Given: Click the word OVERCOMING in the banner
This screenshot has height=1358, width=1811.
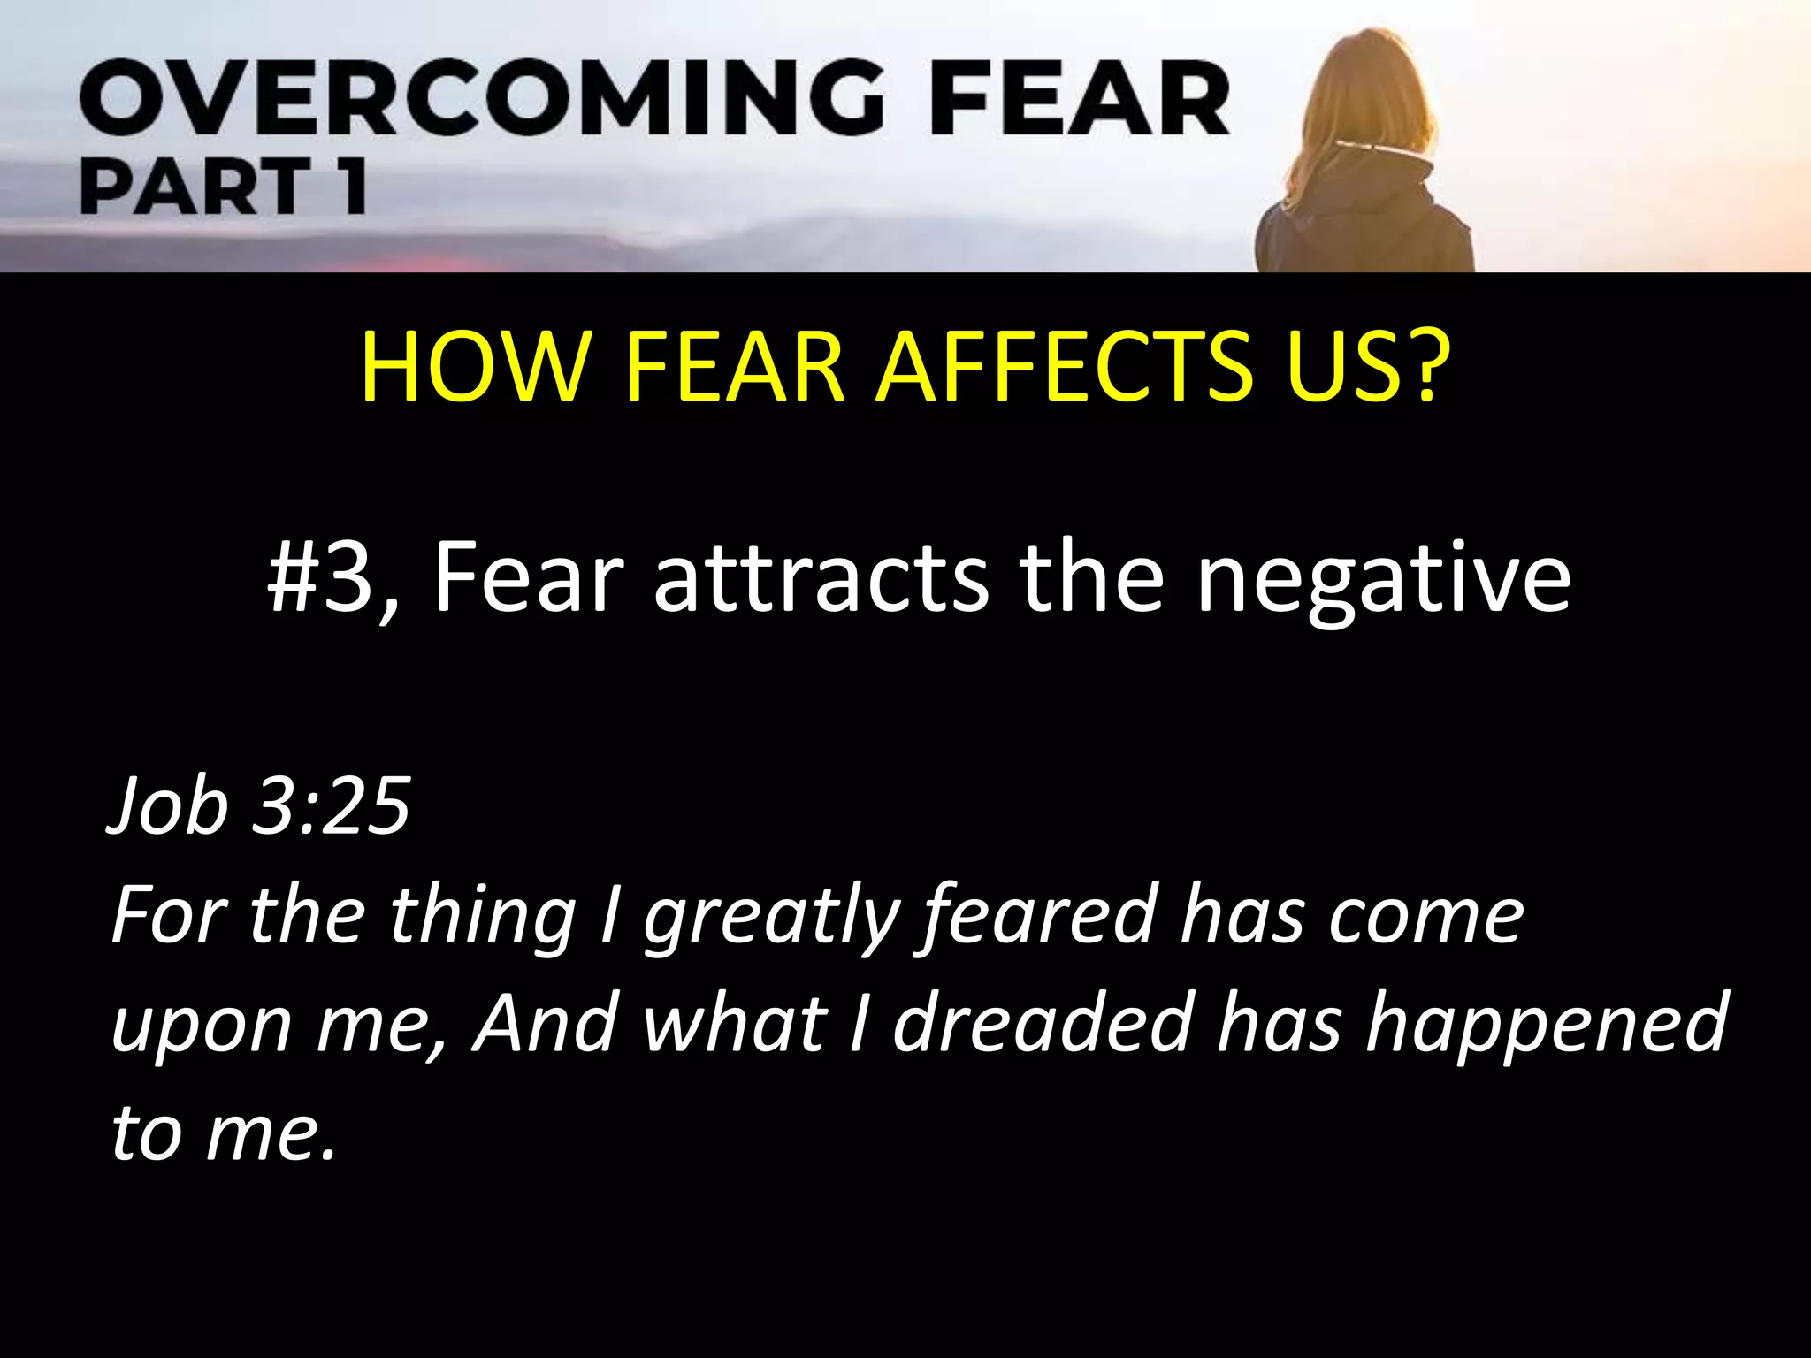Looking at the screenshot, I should point(481,100).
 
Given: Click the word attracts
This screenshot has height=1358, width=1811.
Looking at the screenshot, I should point(821,577).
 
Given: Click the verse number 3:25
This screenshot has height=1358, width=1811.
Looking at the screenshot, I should point(331,805).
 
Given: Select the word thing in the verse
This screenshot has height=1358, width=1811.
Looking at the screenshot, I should point(483,918).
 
